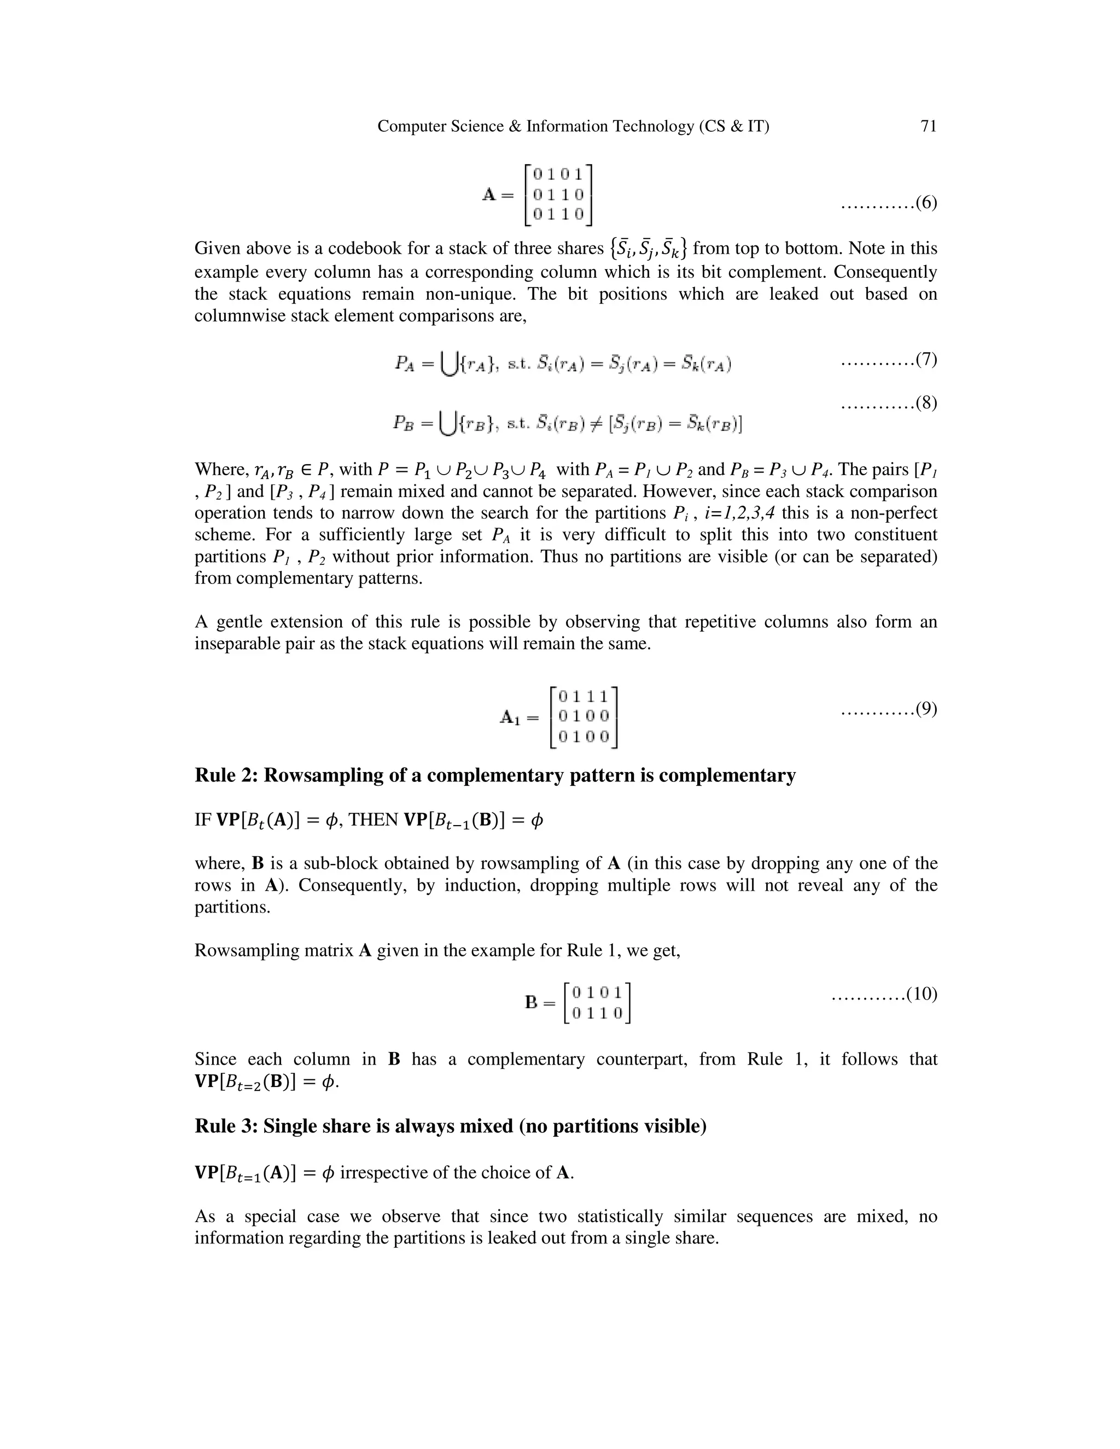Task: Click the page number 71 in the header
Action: [x=928, y=126]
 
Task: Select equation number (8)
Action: [x=926, y=403]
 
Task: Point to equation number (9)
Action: [x=926, y=709]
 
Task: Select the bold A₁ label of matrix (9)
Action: [x=510, y=717]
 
